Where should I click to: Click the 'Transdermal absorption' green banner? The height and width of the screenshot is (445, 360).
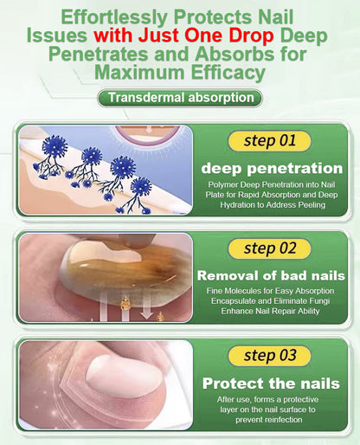pos(179,97)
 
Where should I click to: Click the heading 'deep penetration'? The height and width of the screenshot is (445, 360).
pos(271,167)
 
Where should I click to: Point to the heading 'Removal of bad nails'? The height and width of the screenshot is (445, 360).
pos(271,275)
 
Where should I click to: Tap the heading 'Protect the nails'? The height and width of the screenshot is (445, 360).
pos(271,384)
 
